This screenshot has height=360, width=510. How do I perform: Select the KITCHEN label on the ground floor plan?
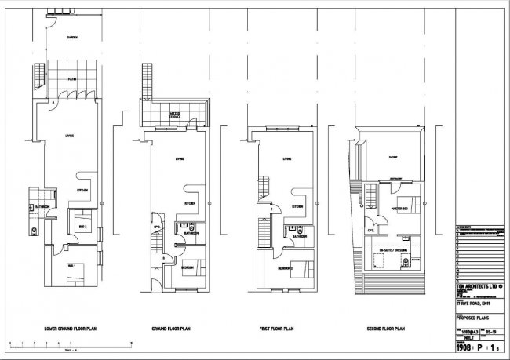pos(188,203)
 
